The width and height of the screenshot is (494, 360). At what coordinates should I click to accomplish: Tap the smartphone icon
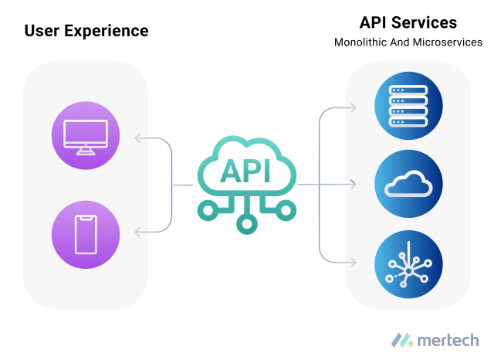[x=86, y=234]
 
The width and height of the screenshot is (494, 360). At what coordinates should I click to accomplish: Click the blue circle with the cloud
[x=408, y=185]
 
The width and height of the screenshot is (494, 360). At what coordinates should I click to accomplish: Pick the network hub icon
[x=408, y=263]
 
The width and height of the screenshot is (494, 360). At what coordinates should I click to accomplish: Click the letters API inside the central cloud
[x=245, y=172]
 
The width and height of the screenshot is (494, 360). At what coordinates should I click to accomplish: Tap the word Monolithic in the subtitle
[x=360, y=42]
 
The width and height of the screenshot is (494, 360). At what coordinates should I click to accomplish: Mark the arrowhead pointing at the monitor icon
[x=137, y=138]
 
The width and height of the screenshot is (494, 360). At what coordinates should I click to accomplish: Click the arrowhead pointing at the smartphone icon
[x=137, y=231]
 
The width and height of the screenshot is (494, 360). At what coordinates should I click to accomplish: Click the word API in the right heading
[x=376, y=22]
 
